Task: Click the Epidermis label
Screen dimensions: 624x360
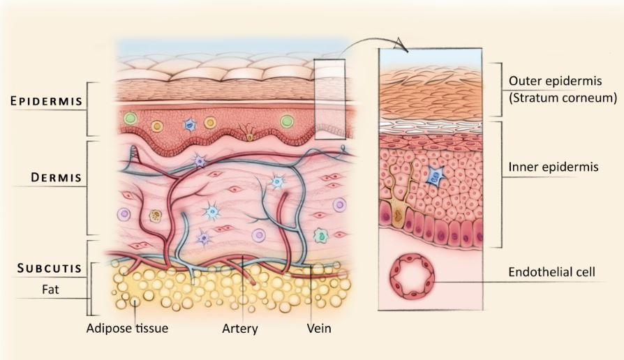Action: tap(46, 101)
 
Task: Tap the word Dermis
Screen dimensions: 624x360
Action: tap(56, 177)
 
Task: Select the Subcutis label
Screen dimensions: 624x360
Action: tap(50, 269)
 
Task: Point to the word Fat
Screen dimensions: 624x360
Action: tap(50, 290)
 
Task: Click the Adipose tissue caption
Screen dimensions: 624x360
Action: tap(127, 328)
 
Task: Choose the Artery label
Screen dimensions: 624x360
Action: tap(240, 329)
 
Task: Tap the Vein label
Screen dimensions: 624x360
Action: tap(319, 328)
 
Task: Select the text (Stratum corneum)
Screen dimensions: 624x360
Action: tap(563, 98)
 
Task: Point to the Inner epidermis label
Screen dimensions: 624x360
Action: tap(554, 167)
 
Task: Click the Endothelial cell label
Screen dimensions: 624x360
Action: tap(551, 272)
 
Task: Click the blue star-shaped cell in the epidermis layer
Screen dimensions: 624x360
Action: tap(189, 125)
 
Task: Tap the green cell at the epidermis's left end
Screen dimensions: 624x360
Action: tap(130, 118)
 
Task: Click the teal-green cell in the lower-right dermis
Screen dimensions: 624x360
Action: tap(320, 236)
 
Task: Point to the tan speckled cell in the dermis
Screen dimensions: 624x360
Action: tap(155, 216)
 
